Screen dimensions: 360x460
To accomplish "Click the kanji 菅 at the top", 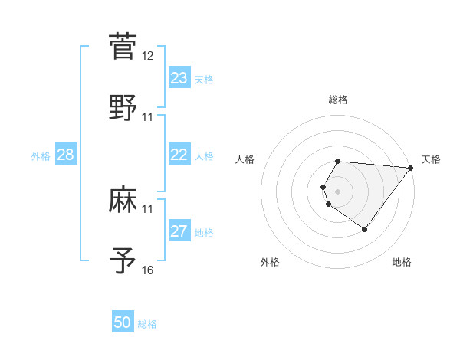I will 123,45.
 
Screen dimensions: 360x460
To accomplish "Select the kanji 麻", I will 123,201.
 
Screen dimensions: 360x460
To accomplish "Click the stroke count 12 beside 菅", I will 148,56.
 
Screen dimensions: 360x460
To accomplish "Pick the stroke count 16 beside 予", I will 148,270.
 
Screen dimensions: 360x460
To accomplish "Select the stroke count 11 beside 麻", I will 148,208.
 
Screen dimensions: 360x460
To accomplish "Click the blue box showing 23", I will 179,78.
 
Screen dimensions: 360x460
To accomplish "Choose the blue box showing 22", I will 179,155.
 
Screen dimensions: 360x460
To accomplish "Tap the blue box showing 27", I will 179,231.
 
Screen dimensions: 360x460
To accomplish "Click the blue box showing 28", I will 66,155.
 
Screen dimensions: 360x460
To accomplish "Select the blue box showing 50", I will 123,322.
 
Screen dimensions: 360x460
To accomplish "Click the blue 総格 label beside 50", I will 148,324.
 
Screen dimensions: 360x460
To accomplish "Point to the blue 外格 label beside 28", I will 41,156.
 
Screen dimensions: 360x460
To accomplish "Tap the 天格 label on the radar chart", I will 432,159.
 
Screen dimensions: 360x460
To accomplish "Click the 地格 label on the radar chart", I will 402,262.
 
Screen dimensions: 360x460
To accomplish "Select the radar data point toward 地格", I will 365,229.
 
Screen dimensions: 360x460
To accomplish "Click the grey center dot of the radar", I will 338,191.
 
